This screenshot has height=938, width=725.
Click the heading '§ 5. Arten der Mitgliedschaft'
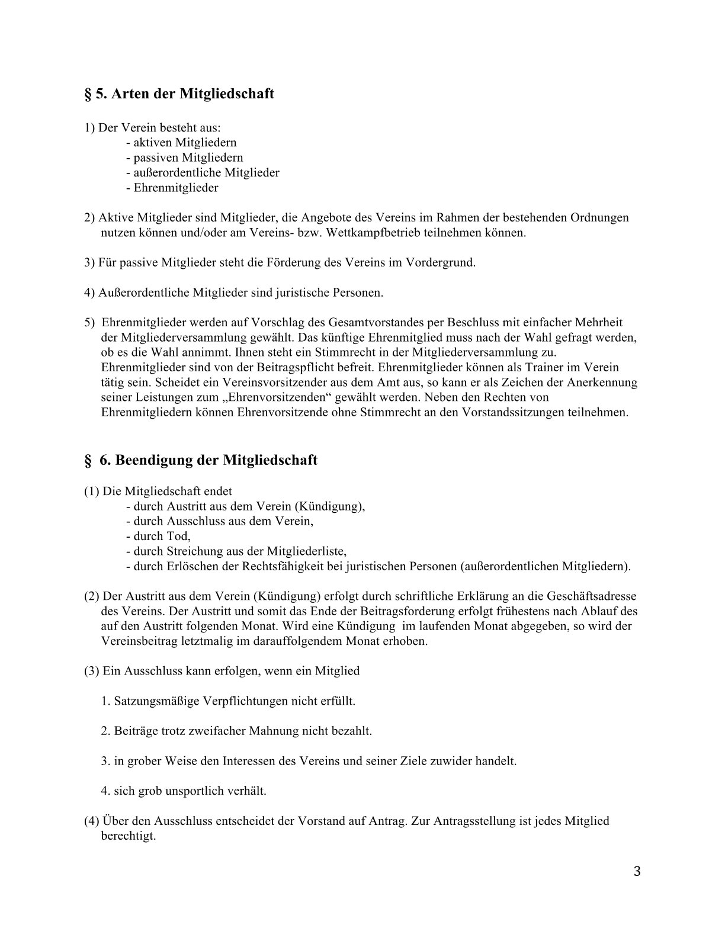pos(178,94)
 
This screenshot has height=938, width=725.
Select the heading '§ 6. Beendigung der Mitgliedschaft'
pos(201,460)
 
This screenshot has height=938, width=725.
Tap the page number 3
pos(637,871)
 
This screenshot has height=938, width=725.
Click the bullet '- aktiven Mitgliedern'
pos(181,143)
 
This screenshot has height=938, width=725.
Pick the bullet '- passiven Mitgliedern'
pos(184,158)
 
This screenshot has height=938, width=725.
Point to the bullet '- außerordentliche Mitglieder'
pos(203,173)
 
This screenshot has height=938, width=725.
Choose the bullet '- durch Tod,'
pos(158,537)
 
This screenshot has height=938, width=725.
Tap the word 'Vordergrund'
pos(440,262)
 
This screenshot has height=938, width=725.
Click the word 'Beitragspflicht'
pos(283,368)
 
